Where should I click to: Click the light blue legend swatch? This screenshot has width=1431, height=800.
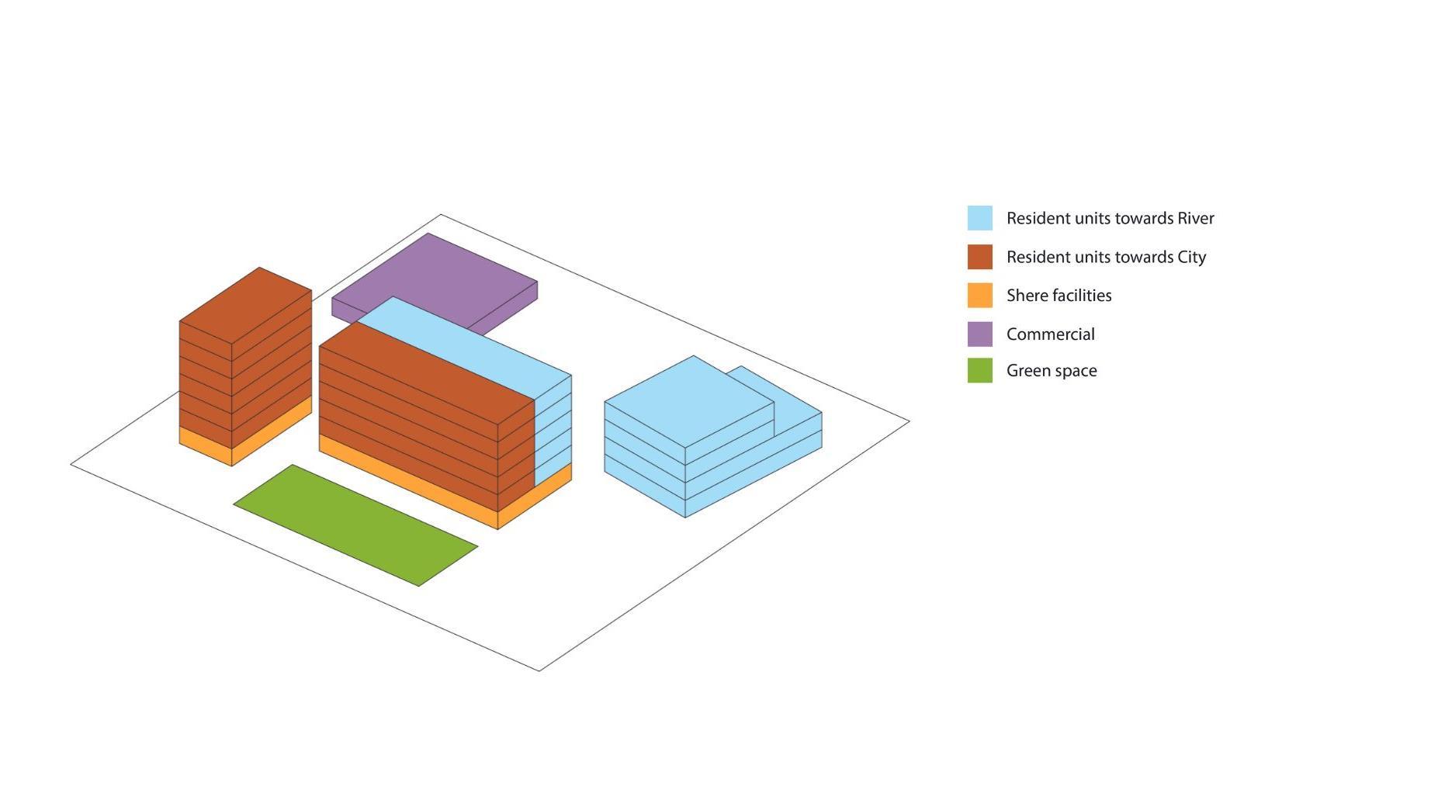click(979, 218)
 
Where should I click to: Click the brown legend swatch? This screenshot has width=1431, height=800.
click(979, 257)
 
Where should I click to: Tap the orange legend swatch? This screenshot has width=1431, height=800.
click(979, 296)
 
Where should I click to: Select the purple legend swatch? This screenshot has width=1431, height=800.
click(979, 334)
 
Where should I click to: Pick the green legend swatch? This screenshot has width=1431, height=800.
click(979, 370)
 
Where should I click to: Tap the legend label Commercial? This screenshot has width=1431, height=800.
click(1050, 334)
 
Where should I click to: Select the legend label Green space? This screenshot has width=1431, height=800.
click(1052, 371)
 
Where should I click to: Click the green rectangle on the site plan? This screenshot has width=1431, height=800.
click(355, 525)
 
